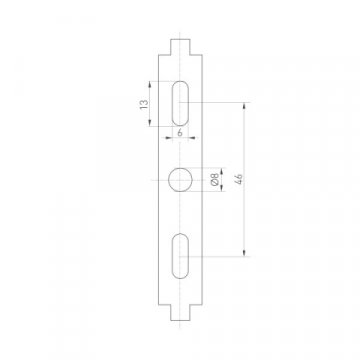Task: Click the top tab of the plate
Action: tap(180, 45)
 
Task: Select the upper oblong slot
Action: tap(180, 103)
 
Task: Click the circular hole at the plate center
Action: tap(180, 179)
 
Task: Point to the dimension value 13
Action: tap(143, 104)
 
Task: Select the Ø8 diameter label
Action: tap(216, 181)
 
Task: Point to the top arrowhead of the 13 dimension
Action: tap(150, 83)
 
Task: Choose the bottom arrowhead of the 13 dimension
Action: tap(150, 124)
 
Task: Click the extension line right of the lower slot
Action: tap(220, 256)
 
